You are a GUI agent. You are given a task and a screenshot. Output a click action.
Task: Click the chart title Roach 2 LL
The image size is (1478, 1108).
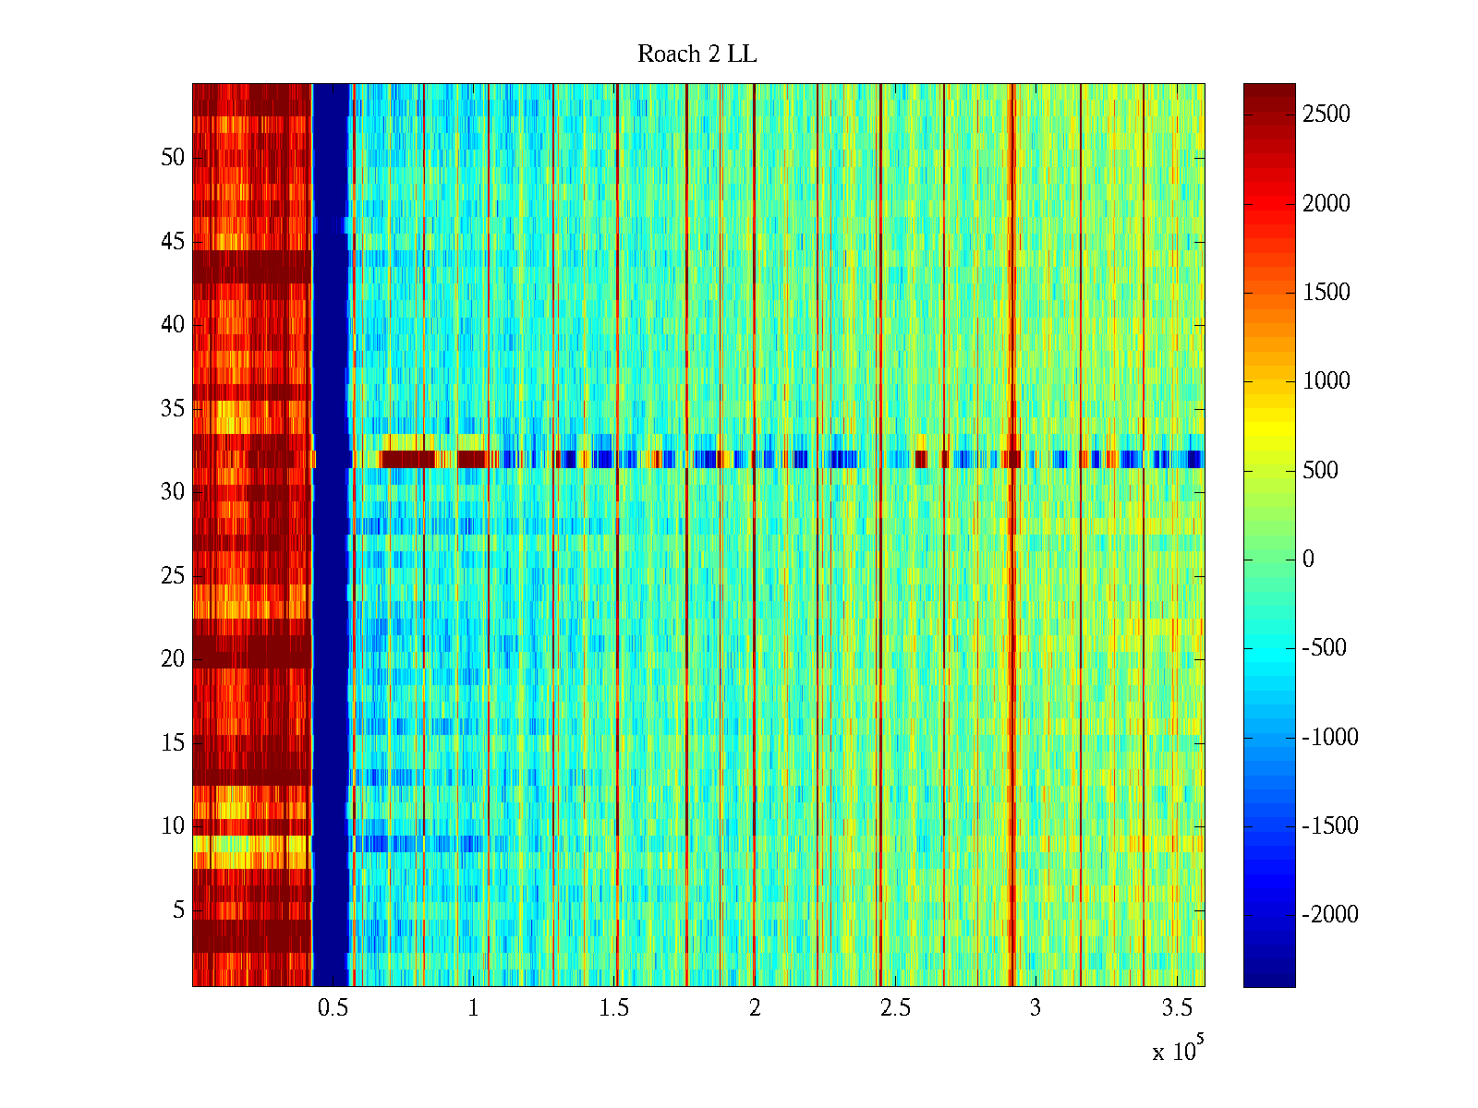(x=697, y=54)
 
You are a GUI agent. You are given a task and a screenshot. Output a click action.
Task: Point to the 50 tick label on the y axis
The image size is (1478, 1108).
(x=173, y=158)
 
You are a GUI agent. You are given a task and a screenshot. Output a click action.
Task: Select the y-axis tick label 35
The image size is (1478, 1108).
(x=173, y=408)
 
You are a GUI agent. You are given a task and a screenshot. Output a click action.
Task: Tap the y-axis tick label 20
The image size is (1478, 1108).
(x=173, y=659)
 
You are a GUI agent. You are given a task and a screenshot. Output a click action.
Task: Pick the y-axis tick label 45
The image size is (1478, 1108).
(x=173, y=242)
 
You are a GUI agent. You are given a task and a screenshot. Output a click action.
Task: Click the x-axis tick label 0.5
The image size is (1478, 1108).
(x=333, y=1008)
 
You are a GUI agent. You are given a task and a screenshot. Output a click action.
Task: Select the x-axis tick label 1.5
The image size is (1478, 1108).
(x=613, y=1008)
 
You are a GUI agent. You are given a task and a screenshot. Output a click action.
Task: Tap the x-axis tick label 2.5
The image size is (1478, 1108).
(x=895, y=1008)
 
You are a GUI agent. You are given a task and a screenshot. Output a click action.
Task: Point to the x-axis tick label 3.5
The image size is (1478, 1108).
(x=1176, y=1008)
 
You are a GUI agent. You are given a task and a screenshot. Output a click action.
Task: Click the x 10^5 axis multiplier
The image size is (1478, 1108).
(x=1177, y=1051)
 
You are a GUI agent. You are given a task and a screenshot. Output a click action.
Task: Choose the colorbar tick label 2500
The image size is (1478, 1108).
(x=1326, y=114)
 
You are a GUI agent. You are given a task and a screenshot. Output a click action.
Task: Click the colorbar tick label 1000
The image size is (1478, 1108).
(x=1326, y=381)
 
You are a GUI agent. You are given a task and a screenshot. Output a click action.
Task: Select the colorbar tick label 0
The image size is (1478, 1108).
(x=1308, y=559)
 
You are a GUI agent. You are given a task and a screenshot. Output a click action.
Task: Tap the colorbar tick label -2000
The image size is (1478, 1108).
(x=1330, y=914)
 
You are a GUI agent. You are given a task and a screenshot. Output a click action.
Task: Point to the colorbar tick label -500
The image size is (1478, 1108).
(x=1325, y=648)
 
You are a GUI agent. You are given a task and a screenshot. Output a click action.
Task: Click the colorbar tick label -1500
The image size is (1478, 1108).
(x=1330, y=825)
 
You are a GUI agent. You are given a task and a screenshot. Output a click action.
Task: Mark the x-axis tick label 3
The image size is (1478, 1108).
(x=1036, y=1008)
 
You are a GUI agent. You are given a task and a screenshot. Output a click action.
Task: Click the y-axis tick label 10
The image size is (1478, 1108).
(x=173, y=826)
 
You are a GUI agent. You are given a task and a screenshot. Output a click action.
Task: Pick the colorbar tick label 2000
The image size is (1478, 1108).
(x=1326, y=203)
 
